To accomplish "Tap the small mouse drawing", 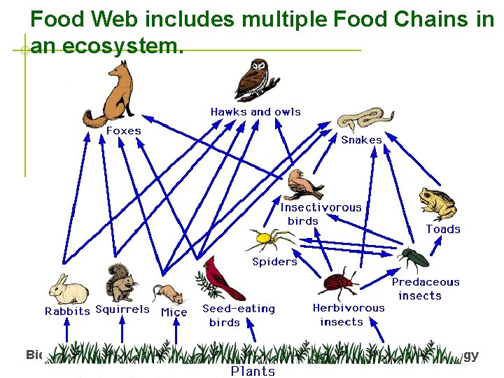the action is click(x=169, y=293).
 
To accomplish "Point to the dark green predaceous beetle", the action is click(x=414, y=258).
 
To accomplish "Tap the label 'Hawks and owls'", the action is click(x=255, y=112).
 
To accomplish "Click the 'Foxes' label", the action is click(x=123, y=131).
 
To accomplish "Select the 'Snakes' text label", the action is click(x=361, y=140).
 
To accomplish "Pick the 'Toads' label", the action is click(x=443, y=230).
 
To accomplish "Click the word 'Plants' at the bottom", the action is click(x=253, y=371).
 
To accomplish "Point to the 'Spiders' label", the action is click(x=274, y=262).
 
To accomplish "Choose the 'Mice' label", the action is click(x=174, y=312).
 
